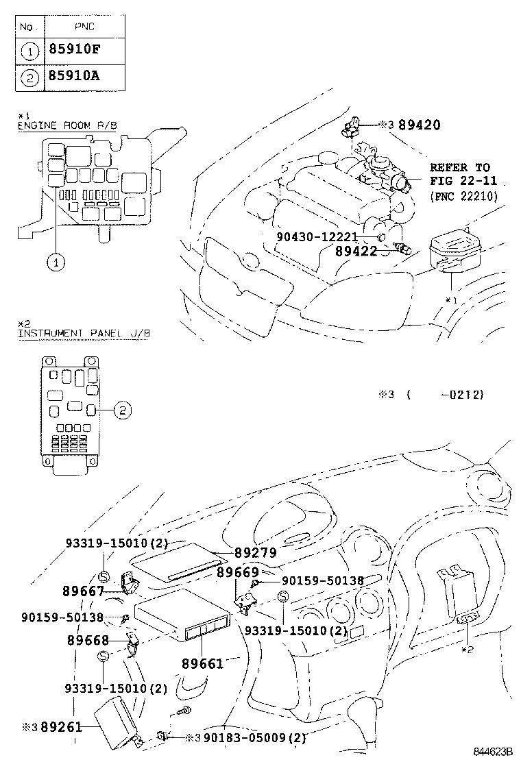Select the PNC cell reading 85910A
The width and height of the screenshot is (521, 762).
tap(73, 75)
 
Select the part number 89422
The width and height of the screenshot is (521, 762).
tap(356, 251)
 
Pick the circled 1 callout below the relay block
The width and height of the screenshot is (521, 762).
tap(56, 260)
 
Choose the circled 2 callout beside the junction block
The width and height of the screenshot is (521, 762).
tap(121, 410)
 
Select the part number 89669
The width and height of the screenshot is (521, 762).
tap(238, 572)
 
